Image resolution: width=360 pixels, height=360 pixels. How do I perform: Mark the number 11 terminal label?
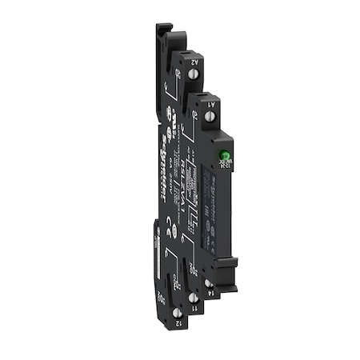pyautogui.click(x=193, y=318)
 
